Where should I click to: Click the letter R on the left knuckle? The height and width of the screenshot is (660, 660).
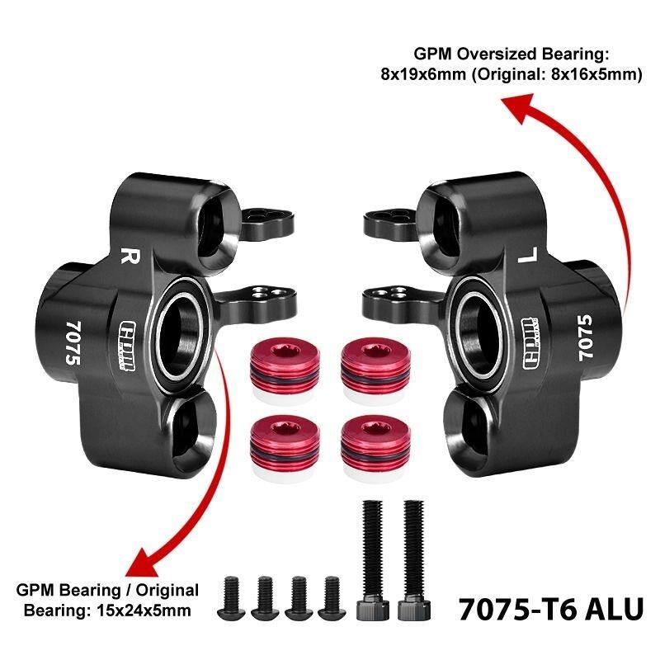pyautogui.click(x=130, y=255)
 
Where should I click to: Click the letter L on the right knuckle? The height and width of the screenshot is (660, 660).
pyautogui.click(x=528, y=255)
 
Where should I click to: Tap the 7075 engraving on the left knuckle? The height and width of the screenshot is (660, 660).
pyautogui.click(x=73, y=343)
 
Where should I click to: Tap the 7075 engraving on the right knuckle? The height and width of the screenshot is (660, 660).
pyautogui.click(x=585, y=337)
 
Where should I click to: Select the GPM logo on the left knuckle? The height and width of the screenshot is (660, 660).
pyautogui.click(x=128, y=346)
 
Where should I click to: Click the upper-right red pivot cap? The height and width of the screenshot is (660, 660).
pyautogui.click(x=375, y=370)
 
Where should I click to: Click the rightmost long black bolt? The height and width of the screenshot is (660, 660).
pyautogui.click(x=414, y=560)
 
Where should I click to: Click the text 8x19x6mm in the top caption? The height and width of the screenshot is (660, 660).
pyautogui.click(x=423, y=74)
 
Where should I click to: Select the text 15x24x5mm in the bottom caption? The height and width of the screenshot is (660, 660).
pyautogui.click(x=141, y=610)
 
